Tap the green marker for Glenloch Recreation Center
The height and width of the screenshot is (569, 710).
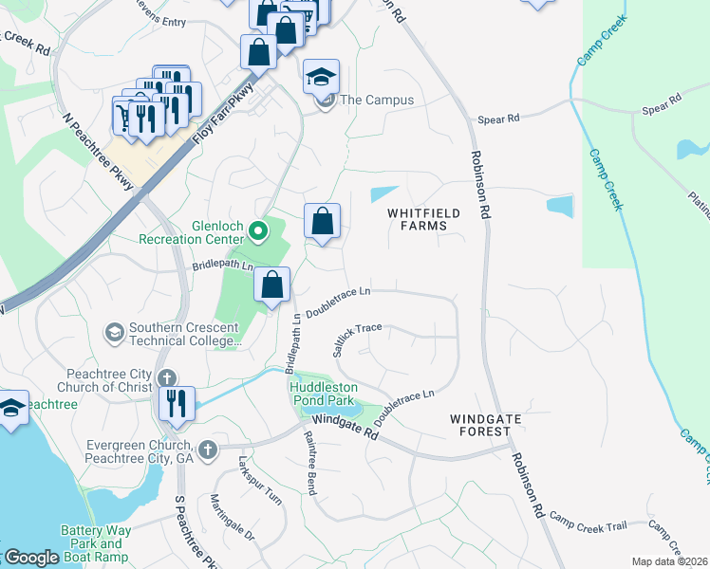pyautogui.click(x=257, y=230)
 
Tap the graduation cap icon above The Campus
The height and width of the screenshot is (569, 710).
pyautogui.click(x=322, y=76)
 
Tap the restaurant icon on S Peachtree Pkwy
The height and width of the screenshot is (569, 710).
pyautogui.click(x=177, y=402)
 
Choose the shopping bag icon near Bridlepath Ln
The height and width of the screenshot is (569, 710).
pyautogui.click(x=272, y=284)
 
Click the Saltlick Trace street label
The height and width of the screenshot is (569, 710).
pyautogui.click(x=357, y=339)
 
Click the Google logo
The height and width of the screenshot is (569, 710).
pyautogui.click(x=32, y=558)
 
